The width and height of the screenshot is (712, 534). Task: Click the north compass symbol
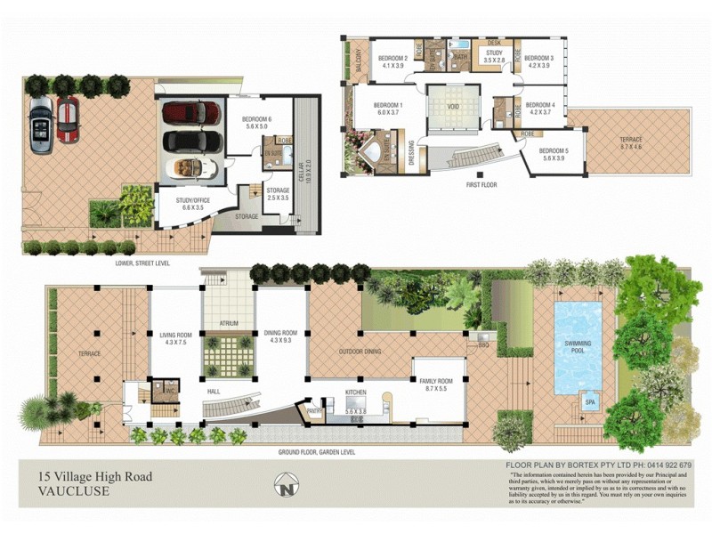(286, 486)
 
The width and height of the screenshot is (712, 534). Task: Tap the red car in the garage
(191, 113)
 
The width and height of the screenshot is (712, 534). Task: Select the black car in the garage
(191, 141)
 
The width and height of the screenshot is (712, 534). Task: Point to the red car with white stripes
(68, 119)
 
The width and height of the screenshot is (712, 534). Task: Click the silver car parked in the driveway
(40, 125)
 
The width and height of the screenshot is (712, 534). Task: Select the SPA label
(589, 403)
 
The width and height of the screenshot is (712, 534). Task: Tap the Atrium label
(229, 323)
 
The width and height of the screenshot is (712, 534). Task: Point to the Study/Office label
(192, 204)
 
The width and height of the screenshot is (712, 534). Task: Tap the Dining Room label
(280, 336)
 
